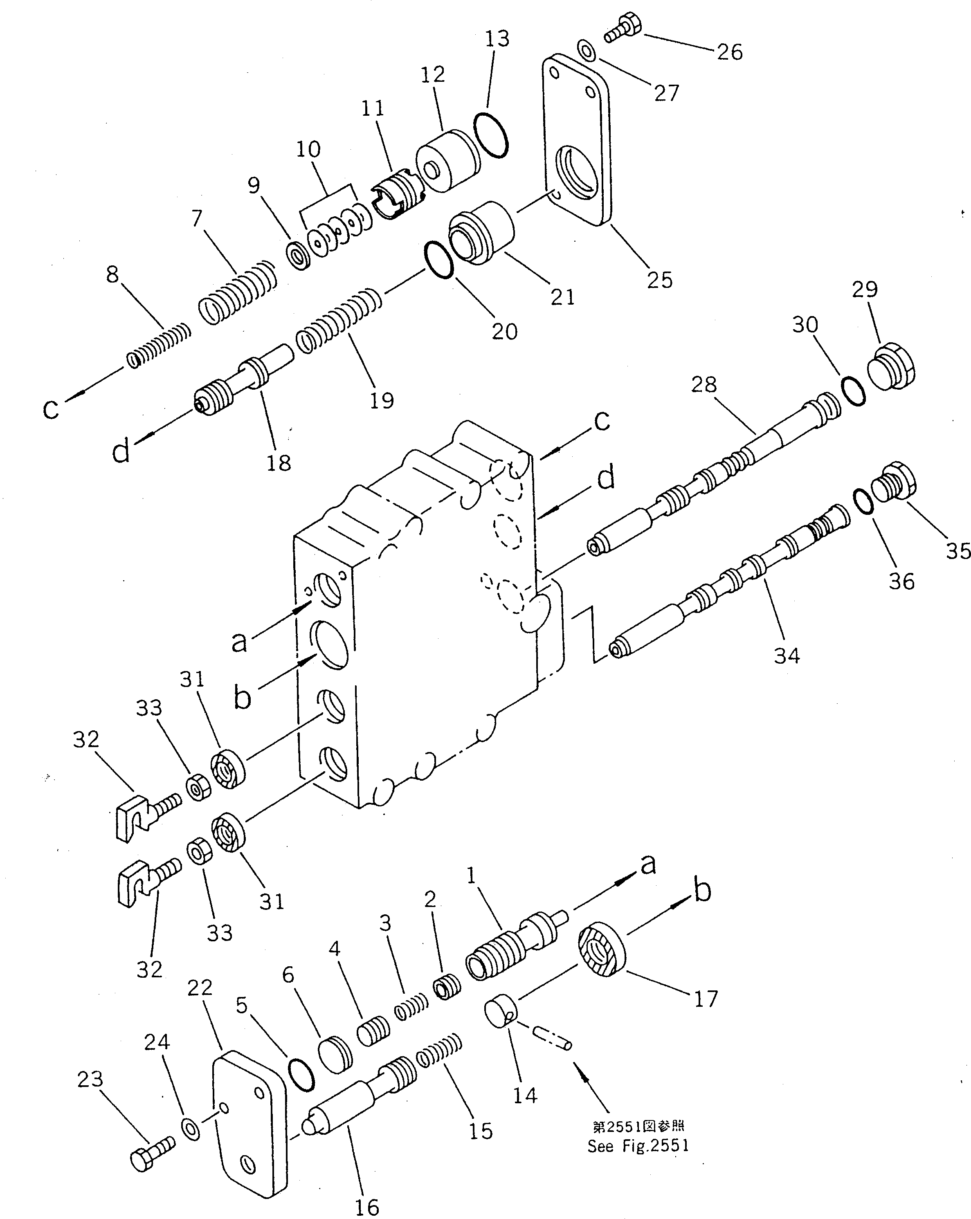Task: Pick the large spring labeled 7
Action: pyautogui.click(x=238, y=292)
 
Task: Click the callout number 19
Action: pyautogui.click(x=381, y=400)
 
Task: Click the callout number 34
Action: pyautogui.click(x=787, y=656)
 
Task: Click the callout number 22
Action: pyautogui.click(x=200, y=988)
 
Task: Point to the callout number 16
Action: pyautogui.click(x=366, y=1207)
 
